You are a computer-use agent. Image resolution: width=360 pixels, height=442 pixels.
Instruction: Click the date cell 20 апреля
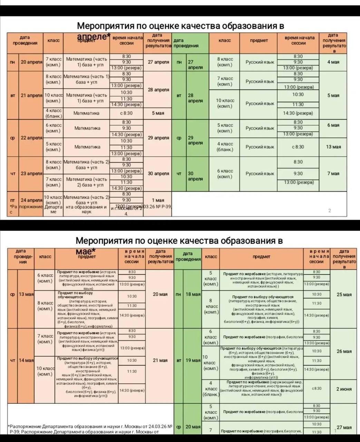coord(31,62)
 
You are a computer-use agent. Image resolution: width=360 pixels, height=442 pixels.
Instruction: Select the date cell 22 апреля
coord(31,138)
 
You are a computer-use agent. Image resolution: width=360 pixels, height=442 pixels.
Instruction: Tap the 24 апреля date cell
coord(31,200)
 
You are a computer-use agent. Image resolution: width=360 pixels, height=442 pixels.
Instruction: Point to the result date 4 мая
coord(333,62)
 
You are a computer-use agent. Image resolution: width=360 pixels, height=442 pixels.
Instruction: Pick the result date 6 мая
coord(333,125)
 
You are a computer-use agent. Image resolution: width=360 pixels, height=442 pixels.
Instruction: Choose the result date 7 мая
coord(333,173)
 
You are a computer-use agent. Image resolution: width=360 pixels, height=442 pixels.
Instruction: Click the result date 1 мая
coord(158,200)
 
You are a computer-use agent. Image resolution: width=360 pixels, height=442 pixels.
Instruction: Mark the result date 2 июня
coord(344,389)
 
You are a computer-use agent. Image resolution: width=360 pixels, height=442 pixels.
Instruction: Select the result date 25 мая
coord(344,295)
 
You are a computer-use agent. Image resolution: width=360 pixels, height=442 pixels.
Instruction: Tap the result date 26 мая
coord(344,351)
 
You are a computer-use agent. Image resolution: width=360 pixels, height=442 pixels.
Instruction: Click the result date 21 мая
coord(160,360)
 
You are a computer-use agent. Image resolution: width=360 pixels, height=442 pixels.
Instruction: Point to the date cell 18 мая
coord(193,294)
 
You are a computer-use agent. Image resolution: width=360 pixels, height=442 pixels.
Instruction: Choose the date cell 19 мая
coord(193,360)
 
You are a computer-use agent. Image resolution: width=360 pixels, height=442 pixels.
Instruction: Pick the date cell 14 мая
coord(26,360)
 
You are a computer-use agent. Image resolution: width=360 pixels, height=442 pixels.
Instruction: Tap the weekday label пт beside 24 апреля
coord(12,200)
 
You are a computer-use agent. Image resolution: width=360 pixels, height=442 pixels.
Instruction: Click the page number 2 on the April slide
coord(329,211)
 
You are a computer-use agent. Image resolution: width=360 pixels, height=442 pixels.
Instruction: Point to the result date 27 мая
coord(344,427)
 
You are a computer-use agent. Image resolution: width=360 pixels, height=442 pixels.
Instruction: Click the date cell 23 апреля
coord(31,173)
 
